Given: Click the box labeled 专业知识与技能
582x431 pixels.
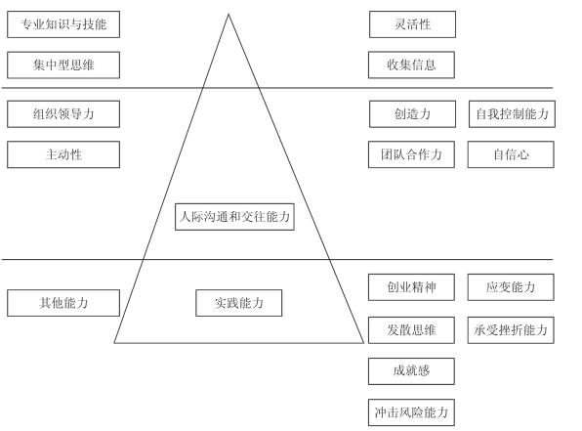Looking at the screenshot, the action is [x=63, y=24].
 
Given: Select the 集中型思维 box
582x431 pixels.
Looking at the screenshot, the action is [x=63, y=65].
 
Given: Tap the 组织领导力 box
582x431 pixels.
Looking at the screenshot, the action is [x=63, y=114].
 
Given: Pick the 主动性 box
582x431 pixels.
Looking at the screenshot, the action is [x=63, y=154].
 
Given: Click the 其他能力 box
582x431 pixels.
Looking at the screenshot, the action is [x=63, y=303].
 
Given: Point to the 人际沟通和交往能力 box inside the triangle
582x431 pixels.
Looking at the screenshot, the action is [x=234, y=217].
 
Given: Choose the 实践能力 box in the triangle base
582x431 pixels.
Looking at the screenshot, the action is [x=238, y=303].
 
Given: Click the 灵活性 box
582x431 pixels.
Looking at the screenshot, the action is [x=412, y=24].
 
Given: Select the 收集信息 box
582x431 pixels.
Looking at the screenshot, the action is [x=411, y=65].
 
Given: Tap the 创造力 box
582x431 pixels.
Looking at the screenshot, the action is [x=412, y=114].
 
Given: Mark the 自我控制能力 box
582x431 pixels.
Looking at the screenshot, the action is [x=512, y=114].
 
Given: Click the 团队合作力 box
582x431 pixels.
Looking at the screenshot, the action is [x=411, y=154].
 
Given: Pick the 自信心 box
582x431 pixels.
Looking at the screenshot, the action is [x=511, y=154].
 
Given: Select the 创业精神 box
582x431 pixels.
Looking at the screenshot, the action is [x=411, y=287].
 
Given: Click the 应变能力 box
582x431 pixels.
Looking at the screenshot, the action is [x=511, y=287].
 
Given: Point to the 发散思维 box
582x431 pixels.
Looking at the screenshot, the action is [x=411, y=330].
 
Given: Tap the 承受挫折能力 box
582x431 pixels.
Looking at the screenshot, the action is [x=511, y=330].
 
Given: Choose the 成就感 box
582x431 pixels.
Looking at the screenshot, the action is [x=411, y=371].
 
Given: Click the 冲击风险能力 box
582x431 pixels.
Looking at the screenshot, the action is [x=411, y=412].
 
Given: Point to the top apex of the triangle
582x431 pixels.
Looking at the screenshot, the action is [x=229, y=14].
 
